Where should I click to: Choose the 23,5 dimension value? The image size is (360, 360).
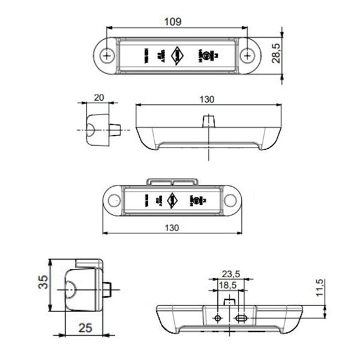(227, 271)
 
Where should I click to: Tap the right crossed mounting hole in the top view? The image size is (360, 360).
(247, 55)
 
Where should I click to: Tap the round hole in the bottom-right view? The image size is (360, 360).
(217, 317)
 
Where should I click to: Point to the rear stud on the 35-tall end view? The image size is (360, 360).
(110, 291)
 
